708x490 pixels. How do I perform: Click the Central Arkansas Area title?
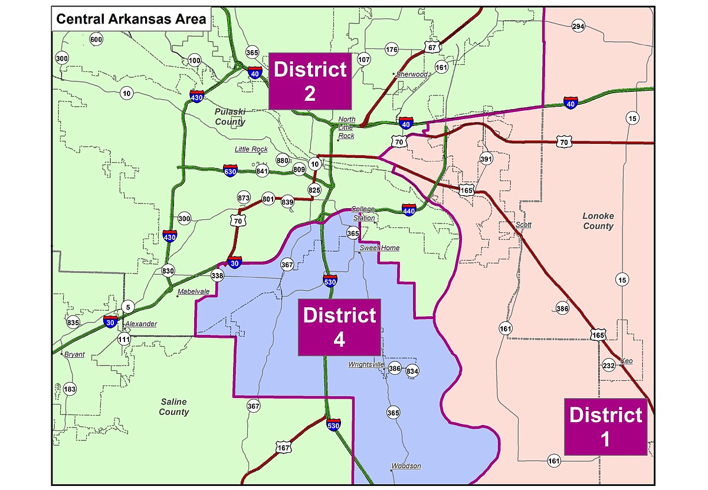(x=130, y=19)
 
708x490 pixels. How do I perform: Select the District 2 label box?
(x=310, y=81)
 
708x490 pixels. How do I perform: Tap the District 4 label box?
(x=339, y=327)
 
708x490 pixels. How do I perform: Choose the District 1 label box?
(x=605, y=426)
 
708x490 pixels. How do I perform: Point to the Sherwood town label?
(x=412, y=74)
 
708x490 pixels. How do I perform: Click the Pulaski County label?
(x=230, y=117)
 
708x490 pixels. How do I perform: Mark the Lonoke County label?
(x=598, y=221)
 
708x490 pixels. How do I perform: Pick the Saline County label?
(x=173, y=407)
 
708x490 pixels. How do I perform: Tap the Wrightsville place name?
(x=366, y=364)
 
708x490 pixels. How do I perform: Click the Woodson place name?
(x=407, y=466)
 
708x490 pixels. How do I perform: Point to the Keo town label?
(x=626, y=360)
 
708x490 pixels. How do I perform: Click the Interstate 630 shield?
(x=231, y=171)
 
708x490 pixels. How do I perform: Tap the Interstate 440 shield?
(x=408, y=209)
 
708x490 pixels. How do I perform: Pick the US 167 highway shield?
(x=284, y=448)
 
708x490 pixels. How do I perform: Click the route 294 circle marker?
(x=578, y=26)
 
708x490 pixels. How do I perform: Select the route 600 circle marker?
(x=96, y=40)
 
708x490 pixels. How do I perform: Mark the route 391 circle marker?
(x=486, y=160)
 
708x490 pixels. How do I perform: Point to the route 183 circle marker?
(x=70, y=389)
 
